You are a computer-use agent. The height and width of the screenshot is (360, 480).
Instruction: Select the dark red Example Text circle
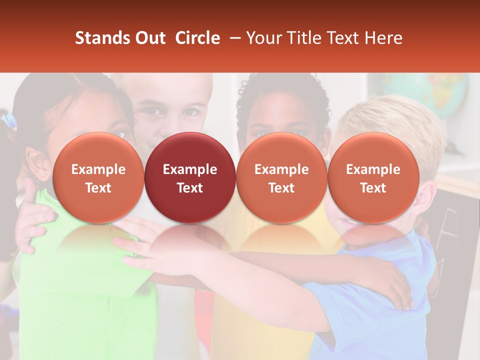pyautogui.click(x=190, y=178)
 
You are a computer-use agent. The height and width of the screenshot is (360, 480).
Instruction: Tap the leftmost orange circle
pyautogui.click(x=98, y=178)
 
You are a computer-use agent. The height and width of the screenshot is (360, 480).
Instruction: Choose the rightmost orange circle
pyautogui.click(x=373, y=178)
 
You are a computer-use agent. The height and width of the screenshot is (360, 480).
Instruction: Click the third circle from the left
pyautogui.click(x=281, y=178)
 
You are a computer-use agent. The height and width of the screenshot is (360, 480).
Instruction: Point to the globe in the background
pyautogui.click(x=440, y=95)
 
